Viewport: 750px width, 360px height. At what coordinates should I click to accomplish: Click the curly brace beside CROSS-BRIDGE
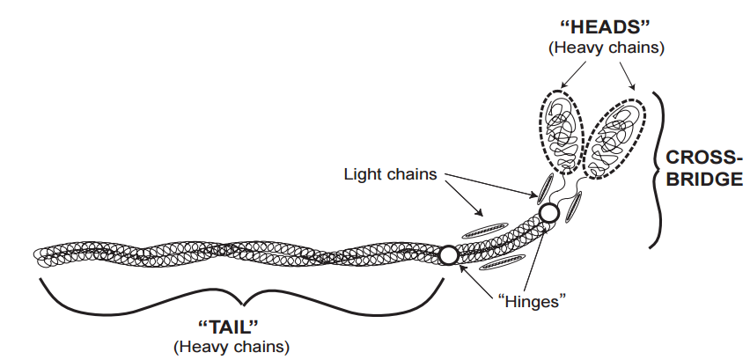658,167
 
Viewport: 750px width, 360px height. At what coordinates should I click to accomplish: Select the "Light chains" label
389,174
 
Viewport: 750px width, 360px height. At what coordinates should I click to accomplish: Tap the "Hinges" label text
531,300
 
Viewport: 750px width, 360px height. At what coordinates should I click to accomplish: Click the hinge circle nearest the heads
549,213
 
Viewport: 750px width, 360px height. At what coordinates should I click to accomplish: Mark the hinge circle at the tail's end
448,255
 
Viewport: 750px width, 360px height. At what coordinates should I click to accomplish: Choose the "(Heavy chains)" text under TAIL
232,346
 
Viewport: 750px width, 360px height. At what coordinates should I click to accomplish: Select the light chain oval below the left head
546,187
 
